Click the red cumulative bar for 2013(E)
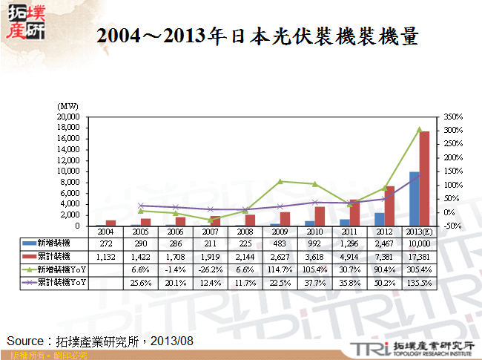pos(425,178)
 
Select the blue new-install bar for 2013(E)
pos(415,199)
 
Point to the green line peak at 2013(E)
pos(420,129)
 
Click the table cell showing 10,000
pos(419,243)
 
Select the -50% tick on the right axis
pos(453,226)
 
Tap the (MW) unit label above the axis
pos(68,107)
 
